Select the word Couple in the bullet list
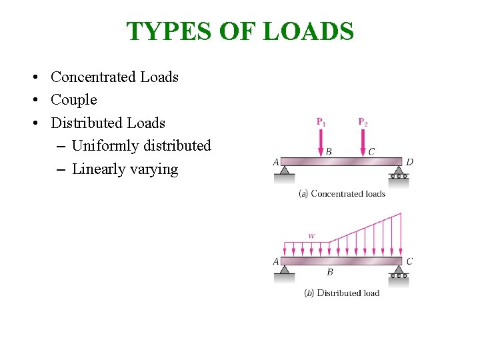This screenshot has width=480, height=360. tap(74, 100)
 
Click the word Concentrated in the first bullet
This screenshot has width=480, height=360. tap(93, 77)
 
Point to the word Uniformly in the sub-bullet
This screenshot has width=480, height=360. tap(104, 145)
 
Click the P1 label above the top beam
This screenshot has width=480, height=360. tap(321, 122)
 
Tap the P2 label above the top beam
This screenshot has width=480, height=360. tap(363, 122)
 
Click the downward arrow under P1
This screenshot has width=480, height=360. tap(321, 142)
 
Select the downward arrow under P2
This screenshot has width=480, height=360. tap(363, 142)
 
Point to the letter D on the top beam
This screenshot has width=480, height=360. tap(409, 161)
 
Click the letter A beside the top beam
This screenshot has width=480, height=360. tap(276, 161)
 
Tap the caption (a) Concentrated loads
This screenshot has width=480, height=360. tap(342, 194)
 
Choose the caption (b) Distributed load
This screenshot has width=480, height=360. tap(341, 293)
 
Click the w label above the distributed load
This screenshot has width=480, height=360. tap(311, 235)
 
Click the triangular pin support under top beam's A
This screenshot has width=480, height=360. tap(285, 171)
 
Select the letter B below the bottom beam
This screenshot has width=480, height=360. tap(330, 272)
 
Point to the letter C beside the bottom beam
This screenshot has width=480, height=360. tap(409, 261)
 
